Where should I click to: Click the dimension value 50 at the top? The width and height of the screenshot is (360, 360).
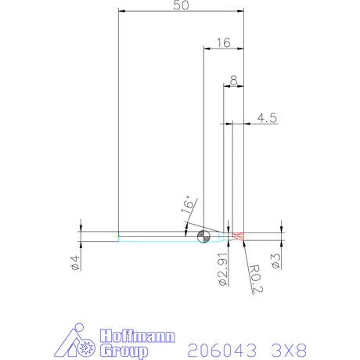(181, 5)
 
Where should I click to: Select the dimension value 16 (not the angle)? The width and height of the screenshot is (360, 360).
(222, 43)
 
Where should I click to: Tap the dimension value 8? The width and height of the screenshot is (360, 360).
(233, 81)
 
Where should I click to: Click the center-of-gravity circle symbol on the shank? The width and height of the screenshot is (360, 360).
(203, 236)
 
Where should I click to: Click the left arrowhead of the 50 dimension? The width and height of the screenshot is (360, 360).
(121, 11)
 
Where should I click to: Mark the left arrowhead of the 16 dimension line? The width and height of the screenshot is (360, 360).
(206, 49)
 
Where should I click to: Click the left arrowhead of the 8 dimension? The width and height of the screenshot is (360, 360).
(226, 86)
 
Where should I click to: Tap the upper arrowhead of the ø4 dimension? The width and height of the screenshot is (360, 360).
(81, 229)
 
